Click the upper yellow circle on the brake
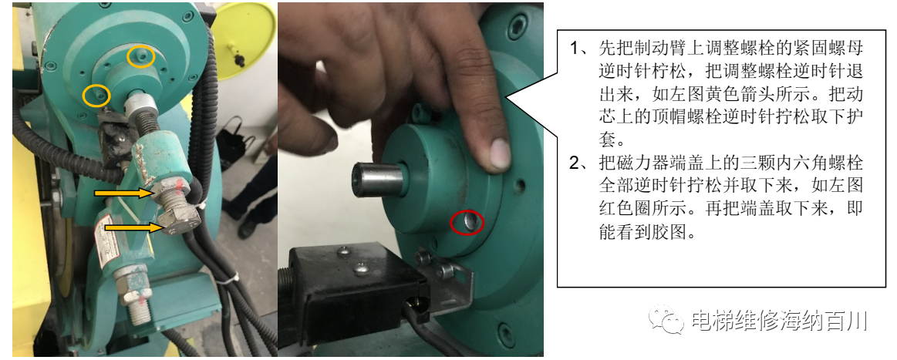tap(141, 56)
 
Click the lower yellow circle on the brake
tap(96, 95)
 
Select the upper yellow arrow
tap(123, 193)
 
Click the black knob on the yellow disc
tap(238, 59)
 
